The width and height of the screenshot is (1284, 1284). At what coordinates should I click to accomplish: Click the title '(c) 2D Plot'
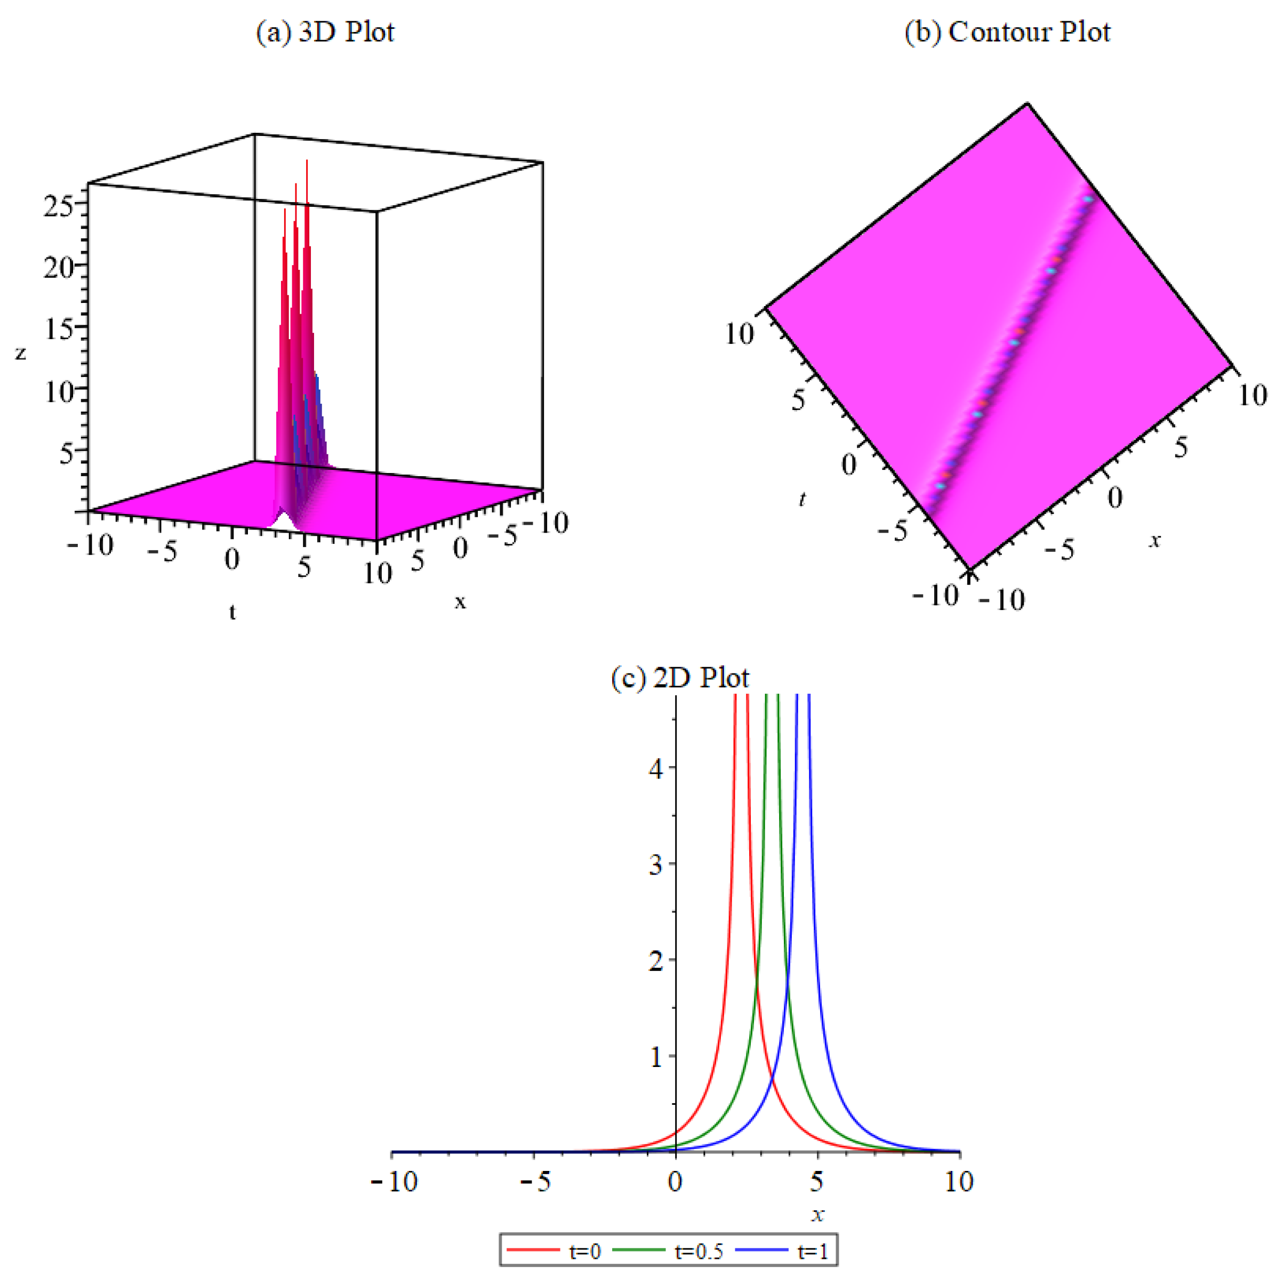(680, 677)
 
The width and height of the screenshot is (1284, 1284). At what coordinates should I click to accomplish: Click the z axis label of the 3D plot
(21, 353)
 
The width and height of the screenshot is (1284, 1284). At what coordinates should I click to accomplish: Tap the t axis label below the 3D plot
(232, 612)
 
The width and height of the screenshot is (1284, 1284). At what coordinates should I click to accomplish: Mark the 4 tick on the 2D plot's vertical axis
(656, 769)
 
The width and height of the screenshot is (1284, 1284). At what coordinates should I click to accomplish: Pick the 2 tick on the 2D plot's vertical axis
(656, 961)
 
